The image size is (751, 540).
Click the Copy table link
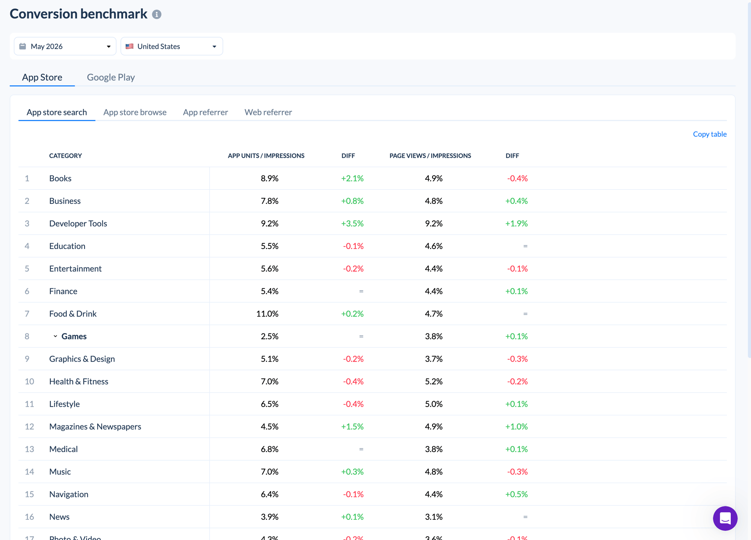[709, 134]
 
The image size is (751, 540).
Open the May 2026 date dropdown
[65, 46]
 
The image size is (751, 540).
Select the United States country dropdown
[172, 46]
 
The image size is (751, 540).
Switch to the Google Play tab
[111, 77]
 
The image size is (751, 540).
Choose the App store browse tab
[135, 112]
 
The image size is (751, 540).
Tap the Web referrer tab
[268, 112]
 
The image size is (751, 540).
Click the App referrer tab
[205, 112]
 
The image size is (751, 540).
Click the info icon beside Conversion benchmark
[157, 14]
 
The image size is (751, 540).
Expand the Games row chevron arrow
[55, 336]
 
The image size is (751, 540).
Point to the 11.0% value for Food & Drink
[267, 314]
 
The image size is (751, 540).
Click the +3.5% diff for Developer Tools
[352, 223]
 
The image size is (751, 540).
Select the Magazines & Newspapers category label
[95, 427]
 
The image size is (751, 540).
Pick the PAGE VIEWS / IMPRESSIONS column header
[430, 156]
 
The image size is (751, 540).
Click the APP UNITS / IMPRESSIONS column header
[266, 156]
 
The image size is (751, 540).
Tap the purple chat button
[725, 518]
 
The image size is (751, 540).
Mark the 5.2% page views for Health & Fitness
[434, 382]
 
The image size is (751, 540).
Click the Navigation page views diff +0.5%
[516, 494]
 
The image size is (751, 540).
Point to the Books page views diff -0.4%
[517, 178]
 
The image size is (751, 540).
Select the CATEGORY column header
[65, 156]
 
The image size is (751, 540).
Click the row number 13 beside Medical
[29, 449]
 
